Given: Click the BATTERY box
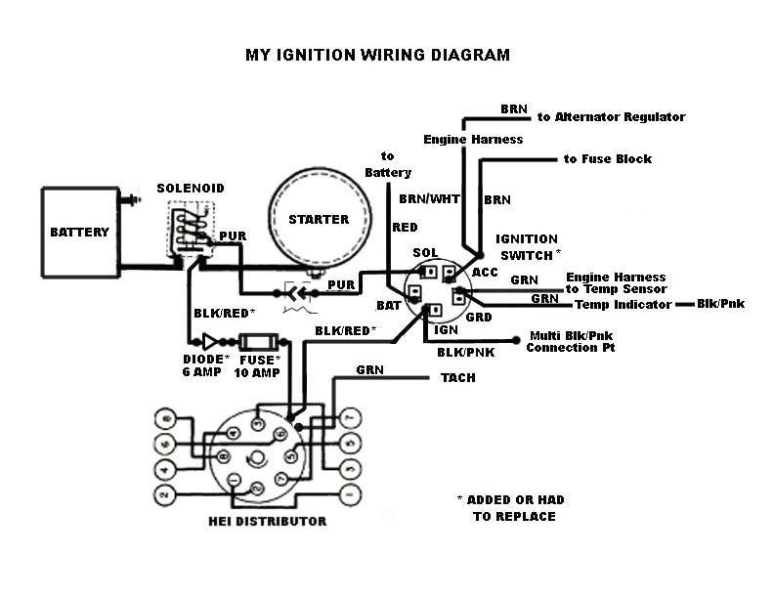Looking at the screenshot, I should pos(79,233).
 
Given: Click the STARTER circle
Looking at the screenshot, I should pos(319,219).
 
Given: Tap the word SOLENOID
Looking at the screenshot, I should pos(191,188).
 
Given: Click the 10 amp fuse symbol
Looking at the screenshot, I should pos(258,342).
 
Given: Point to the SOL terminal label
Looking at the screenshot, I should pos(424,253).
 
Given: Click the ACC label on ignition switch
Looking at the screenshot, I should pos(485,272).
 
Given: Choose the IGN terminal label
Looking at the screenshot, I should pos(446,330).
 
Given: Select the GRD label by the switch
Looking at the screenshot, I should pos(480,317).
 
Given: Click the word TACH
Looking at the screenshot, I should pos(458,377).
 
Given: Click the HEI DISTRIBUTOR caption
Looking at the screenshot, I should pos(267,522).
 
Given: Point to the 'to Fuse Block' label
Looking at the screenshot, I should pos(607,158).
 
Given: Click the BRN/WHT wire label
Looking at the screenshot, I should pos(422,198).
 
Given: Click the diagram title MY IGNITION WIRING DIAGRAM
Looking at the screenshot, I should pos(377,55).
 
